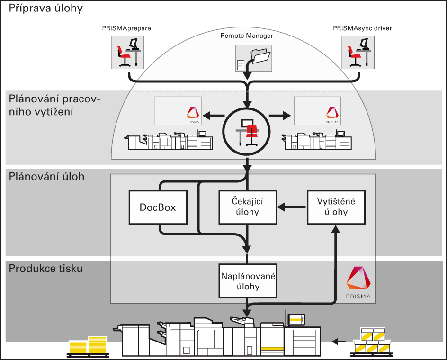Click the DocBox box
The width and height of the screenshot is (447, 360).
(x=158, y=207)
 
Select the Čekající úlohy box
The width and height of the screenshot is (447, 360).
(x=247, y=207)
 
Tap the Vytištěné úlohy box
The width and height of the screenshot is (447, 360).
(x=336, y=207)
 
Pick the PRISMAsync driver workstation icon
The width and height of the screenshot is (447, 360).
(x=358, y=52)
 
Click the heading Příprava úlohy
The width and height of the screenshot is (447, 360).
(x=45, y=9)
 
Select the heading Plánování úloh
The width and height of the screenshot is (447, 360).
(x=46, y=177)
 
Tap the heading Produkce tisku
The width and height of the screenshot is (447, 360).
(x=46, y=269)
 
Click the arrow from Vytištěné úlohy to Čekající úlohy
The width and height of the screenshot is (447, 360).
(x=292, y=207)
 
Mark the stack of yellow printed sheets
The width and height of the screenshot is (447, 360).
(x=89, y=346)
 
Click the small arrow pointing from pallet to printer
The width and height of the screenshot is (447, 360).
(x=338, y=341)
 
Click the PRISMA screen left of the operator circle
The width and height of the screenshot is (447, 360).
(x=178, y=111)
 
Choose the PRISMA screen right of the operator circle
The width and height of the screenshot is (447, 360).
(x=317, y=111)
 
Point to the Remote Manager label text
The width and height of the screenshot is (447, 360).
(x=247, y=35)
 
